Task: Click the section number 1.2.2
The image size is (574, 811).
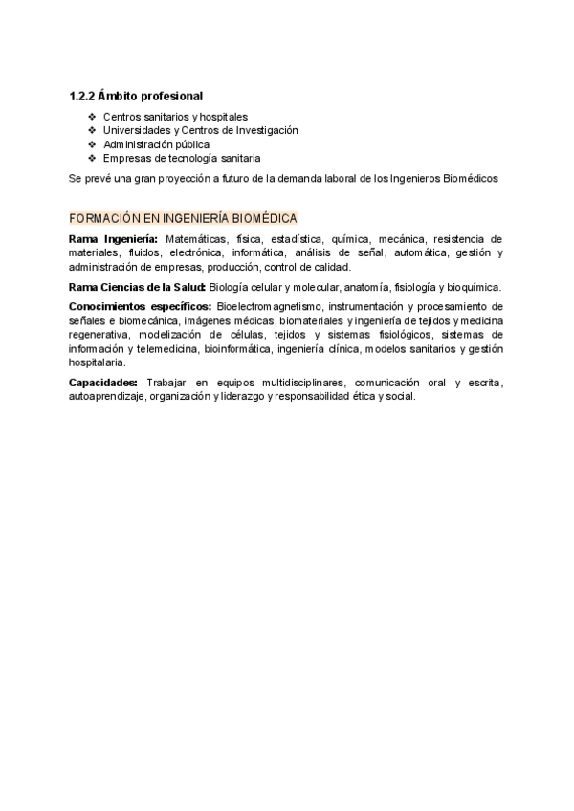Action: pyautogui.click(x=83, y=96)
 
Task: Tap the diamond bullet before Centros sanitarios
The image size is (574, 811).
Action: pyautogui.click(x=92, y=116)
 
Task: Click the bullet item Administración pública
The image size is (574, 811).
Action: pyautogui.click(x=156, y=144)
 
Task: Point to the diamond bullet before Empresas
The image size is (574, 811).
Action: pyautogui.click(x=92, y=159)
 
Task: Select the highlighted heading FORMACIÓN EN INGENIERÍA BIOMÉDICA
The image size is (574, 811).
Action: pyautogui.click(x=183, y=218)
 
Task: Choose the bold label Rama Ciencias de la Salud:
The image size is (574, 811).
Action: pyautogui.click(x=137, y=287)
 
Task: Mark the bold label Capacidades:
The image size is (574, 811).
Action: pyautogui.click(x=103, y=384)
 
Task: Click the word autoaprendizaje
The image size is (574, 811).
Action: pyautogui.click(x=106, y=397)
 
